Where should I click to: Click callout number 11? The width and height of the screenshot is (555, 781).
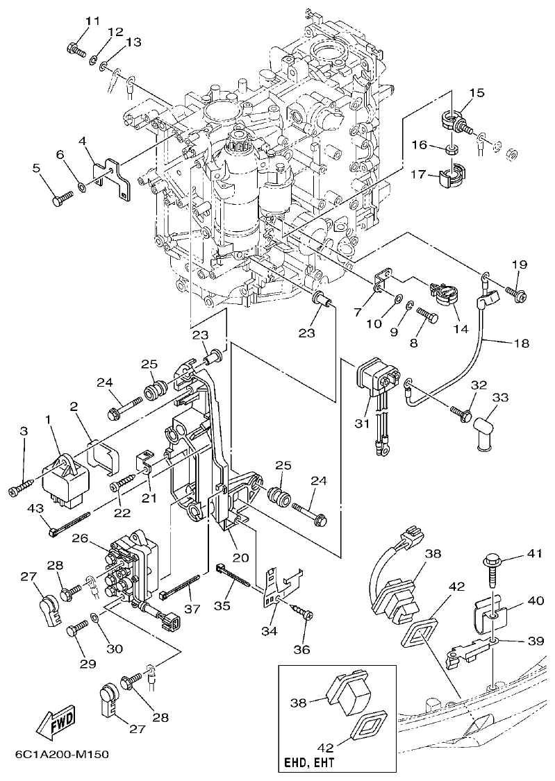(92, 21)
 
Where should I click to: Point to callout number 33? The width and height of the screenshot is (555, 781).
(500, 397)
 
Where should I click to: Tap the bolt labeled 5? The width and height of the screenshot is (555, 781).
(58, 197)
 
